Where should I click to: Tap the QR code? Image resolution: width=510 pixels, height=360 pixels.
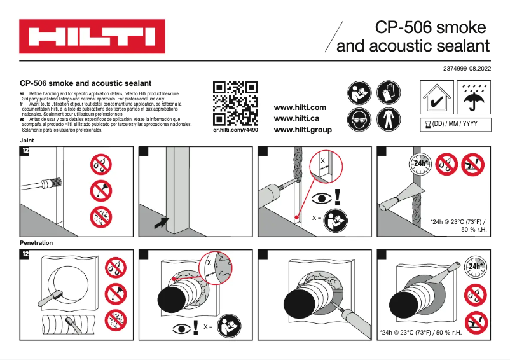pyautogui.click(x=235, y=103)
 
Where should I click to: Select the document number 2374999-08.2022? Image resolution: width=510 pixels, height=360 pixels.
pyautogui.click(x=467, y=68)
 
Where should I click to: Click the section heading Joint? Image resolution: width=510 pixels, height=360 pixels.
pyautogui.click(x=27, y=140)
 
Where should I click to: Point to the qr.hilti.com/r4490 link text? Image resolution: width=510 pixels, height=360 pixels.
pyautogui.click(x=235, y=130)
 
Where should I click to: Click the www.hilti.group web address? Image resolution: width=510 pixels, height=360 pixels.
pyautogui.click(x=303, y=129)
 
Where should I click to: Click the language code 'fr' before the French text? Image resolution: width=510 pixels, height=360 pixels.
pyautogui.click(x=22, y=104)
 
